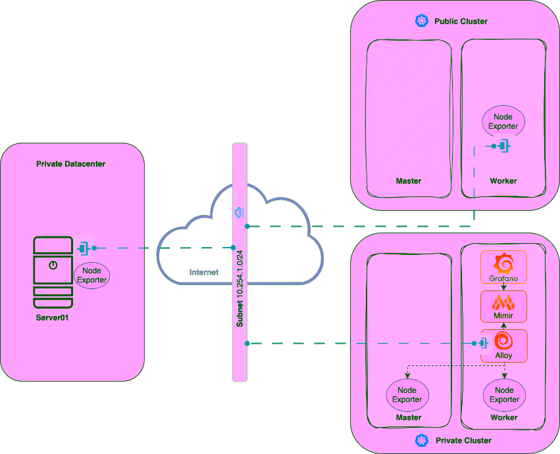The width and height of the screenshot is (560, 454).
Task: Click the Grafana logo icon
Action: (x=504, y=264)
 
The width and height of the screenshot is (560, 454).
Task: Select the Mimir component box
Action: (x=503, y=307)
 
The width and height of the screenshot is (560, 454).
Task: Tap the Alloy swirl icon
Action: (x=503, y=341)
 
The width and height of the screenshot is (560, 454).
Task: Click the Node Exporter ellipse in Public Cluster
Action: (x=503, y=122)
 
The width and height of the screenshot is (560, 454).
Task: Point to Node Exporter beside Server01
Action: (x=91, y=275)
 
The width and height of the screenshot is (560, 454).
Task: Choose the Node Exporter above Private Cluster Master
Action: (x=407, y=395)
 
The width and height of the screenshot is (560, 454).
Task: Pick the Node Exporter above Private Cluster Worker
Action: (x=504, y=395)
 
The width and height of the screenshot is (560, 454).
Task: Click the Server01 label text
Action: (x=52, y=317)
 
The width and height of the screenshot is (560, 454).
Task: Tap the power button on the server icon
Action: (x=53, y=265)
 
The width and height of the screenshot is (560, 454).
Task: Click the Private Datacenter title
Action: (x=70, y=164)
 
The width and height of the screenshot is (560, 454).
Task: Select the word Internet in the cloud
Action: (x=204, y=272)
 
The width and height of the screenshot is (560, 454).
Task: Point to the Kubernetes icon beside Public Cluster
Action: (x=421, y=21)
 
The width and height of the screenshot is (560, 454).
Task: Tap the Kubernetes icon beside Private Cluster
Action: (x=422, y=440)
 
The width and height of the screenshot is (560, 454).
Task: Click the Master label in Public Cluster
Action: (x=408, y=181)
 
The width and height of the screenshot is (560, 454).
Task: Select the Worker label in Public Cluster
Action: (x=503, y=181)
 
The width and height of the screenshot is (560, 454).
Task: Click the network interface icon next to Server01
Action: (x=84, y=248)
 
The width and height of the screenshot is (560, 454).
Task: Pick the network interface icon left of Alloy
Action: (x=482, y=343)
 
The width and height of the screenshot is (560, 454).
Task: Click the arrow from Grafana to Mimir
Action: (x=503, y=287)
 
